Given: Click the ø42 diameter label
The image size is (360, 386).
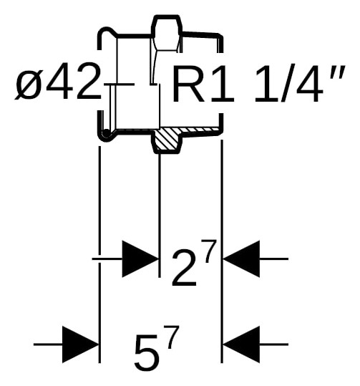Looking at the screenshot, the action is (58, 81).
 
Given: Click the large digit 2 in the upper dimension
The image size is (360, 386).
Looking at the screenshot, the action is (184, 269).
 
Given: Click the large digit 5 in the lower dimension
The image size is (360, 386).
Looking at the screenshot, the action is (146, 354).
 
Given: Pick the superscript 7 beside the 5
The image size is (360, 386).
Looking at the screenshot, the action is (172, 337).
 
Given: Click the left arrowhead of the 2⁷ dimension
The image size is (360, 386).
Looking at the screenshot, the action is (140, 259).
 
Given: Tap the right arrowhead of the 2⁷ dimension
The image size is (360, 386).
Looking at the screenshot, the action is (241, 259).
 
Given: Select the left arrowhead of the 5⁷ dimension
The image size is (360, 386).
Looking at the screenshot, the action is (80, 344).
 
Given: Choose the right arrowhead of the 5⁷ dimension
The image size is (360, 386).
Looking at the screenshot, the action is (241, 344).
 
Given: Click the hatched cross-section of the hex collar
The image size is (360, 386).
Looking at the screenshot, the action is (167, 140).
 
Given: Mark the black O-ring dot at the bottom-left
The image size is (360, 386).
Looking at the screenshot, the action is (106, 133).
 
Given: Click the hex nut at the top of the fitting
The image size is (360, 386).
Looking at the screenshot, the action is (167, 33).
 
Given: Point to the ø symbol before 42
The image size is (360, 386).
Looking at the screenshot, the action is (27, 85).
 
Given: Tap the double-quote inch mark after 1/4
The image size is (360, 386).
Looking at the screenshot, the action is (338, 72).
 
